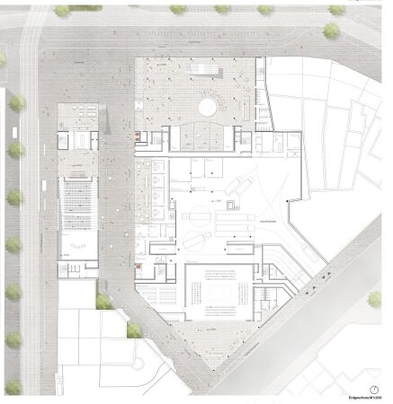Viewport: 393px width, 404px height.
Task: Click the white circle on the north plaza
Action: click(206, 108)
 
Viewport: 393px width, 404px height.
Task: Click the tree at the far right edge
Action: click(376, 299)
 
